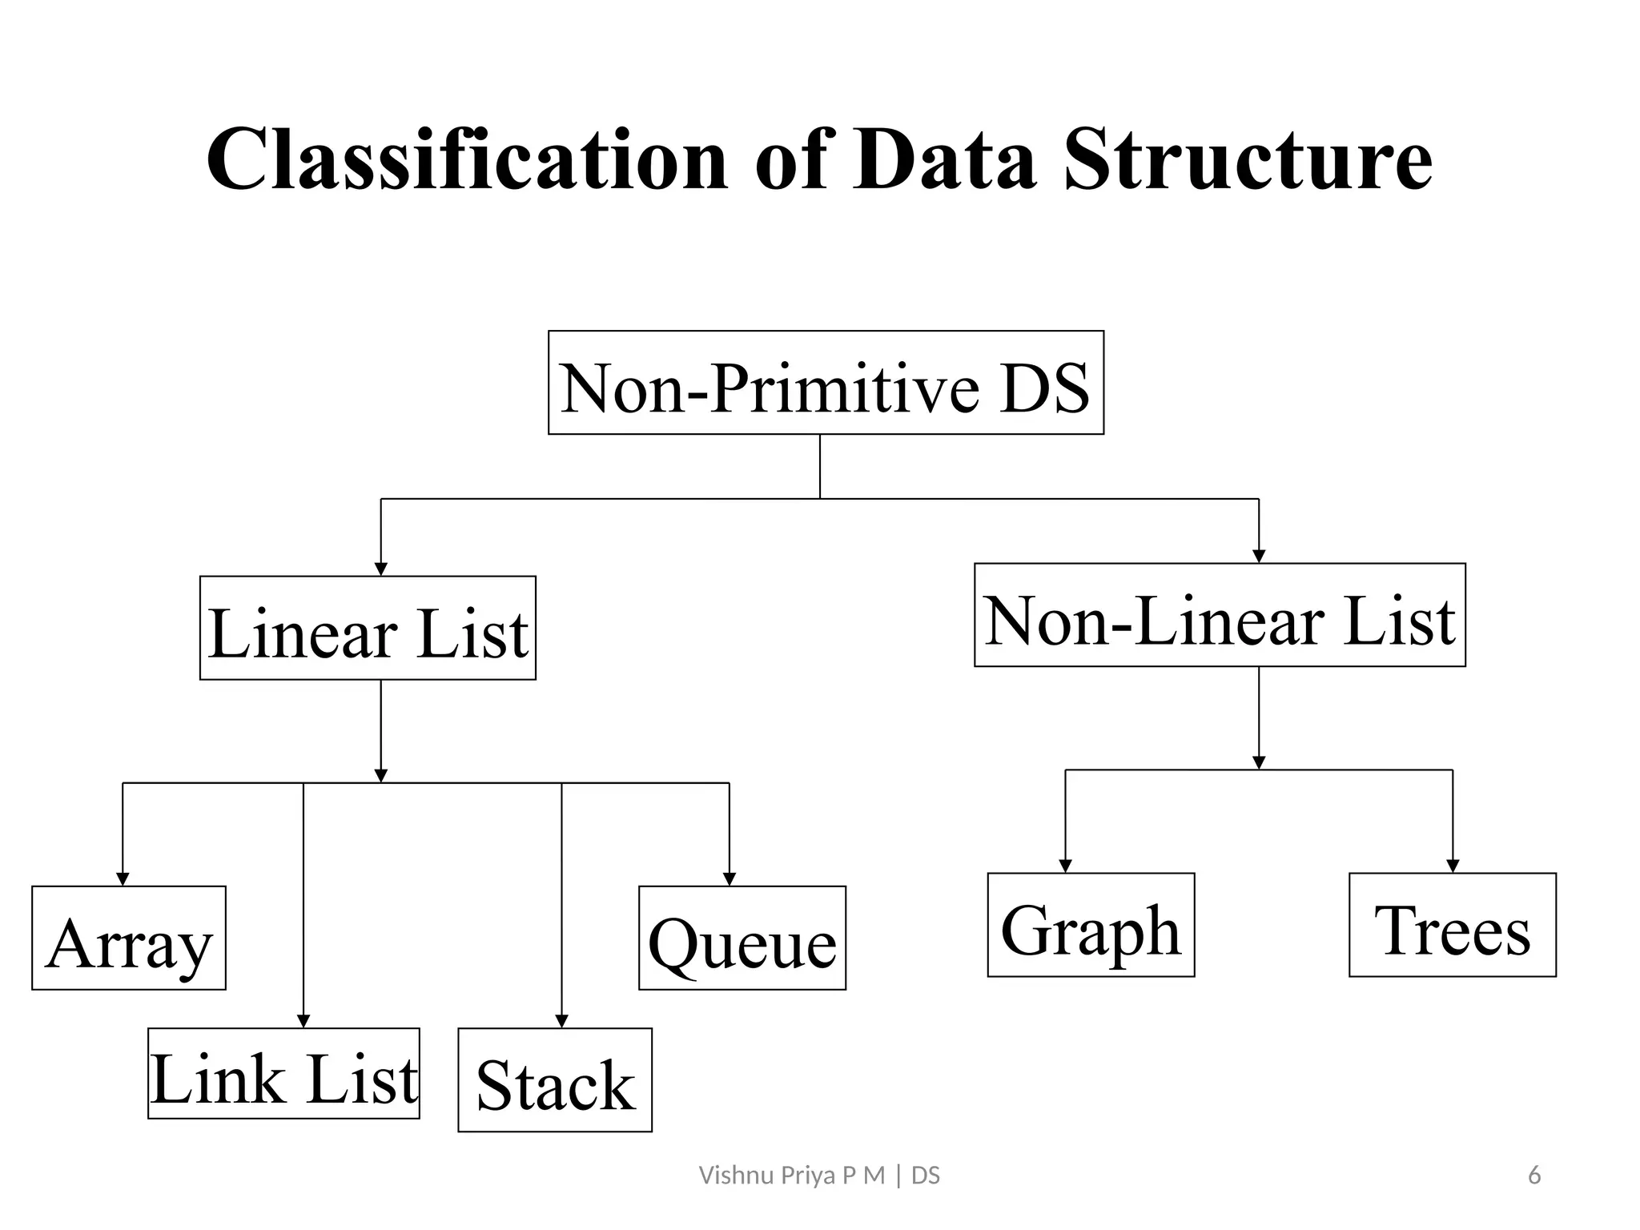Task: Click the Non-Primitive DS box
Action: pos(826,383)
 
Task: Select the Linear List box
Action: pos(368,628)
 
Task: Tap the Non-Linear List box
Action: pos(1220,615)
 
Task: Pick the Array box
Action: pos(129,938)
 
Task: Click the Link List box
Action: pos(283,1073)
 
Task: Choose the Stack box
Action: pos(555,1079)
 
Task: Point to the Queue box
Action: pos(742,938)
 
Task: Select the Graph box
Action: pos(1091,925)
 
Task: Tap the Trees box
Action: pos(1453,925)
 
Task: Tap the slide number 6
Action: pos(1534,1176)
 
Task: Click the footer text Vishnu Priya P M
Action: pos(792,1176)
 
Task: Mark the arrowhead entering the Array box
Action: pos(123,879)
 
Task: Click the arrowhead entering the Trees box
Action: pos(1453,866)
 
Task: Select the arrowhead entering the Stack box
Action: pos(561,1021)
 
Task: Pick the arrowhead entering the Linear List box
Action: pos(381,569)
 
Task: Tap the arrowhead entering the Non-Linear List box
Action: pos(1259,557)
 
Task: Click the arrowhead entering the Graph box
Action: pos(1065,866)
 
